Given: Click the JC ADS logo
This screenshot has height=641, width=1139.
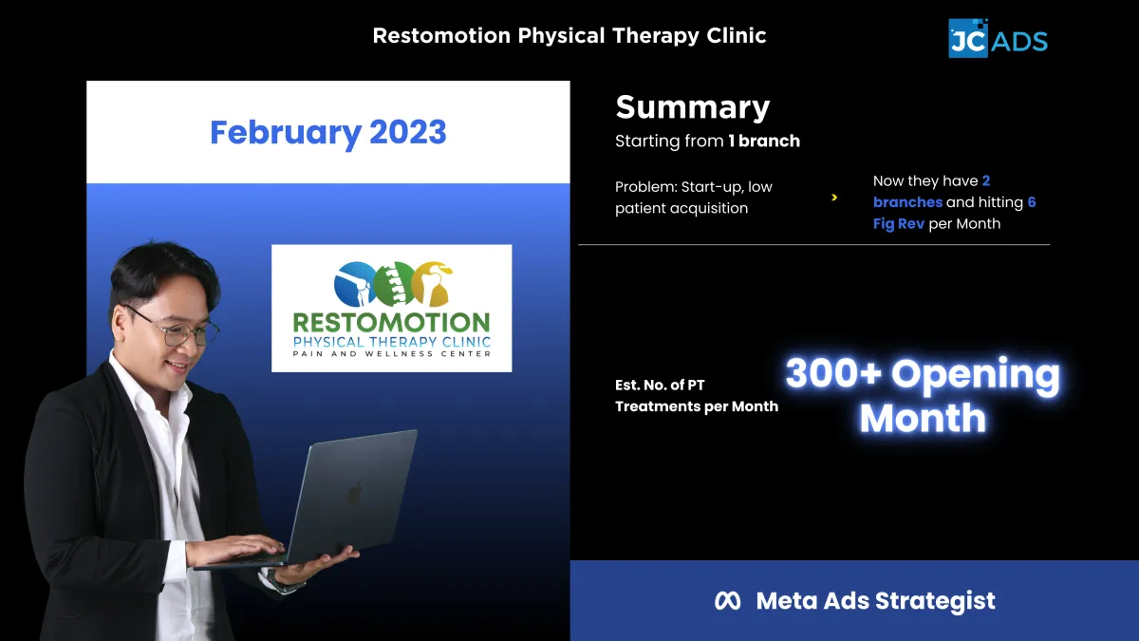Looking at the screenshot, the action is (x=998, y=38).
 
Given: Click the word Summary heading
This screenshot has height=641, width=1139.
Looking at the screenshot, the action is (x=693, y=108).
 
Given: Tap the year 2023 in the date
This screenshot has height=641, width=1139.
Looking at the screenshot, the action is (x=408, y=132).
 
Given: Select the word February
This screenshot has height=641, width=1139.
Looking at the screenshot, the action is (x=286, y=133).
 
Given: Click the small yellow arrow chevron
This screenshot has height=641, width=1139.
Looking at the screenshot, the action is (x=834, y=198).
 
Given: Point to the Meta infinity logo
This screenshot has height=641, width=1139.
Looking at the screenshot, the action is (x=728, y=601).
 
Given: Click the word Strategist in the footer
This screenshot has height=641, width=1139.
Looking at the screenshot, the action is (x=935, y=601).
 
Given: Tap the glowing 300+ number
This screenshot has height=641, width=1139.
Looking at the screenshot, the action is (x=833, y=373).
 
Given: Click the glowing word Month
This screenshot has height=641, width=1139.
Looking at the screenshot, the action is (x=923, y=418).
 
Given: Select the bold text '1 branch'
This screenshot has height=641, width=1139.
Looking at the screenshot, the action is (x=764, y=141).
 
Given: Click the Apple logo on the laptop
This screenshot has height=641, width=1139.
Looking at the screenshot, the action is (x=355, y=493).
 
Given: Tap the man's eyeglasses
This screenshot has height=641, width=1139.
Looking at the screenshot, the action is (x=174, y=329).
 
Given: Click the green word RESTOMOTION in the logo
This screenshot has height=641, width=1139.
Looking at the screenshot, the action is (x=391, y=323).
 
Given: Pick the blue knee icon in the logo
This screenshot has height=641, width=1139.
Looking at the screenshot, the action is (x=355, y=284).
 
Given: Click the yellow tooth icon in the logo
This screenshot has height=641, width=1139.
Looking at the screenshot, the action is (x=432, y=284).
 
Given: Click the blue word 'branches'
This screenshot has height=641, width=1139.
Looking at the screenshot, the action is (x=907, y=202).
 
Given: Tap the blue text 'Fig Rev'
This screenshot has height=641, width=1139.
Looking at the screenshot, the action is (x=899, y=224).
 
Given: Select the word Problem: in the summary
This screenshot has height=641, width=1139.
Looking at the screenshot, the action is (x=645, y=187).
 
